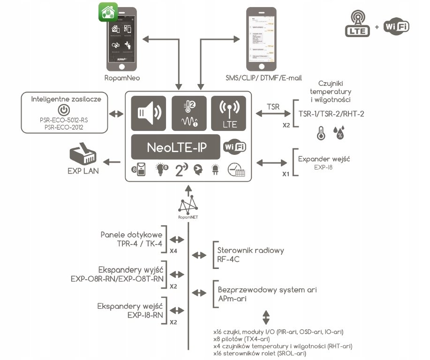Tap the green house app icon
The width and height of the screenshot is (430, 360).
coord(107,12)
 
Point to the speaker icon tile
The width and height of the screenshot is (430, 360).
coord(148,113)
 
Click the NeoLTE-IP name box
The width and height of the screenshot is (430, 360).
coord(176,148)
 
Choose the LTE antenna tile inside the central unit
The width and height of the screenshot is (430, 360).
coord(228,113)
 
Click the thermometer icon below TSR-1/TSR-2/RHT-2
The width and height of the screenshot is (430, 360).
coord(321,133)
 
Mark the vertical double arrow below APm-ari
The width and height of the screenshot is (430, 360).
coord(266,316)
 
